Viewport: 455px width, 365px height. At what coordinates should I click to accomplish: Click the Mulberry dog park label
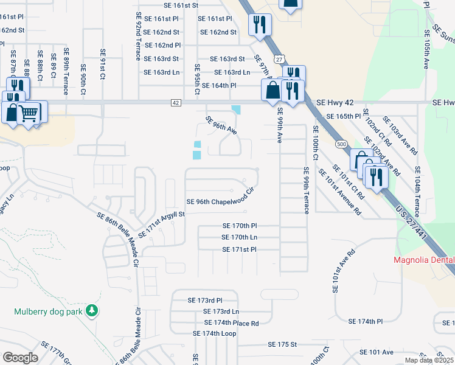[x=49, y=311]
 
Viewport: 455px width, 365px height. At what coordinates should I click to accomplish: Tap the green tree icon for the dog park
[x=92, y=311]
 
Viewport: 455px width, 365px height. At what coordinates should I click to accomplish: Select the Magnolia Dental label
[x=425, y=261]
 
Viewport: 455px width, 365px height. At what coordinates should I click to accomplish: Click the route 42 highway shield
[x=176, y=103]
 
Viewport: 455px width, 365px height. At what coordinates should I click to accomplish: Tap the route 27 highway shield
[x=278, y=59]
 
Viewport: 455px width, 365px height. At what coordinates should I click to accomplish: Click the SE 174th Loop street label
[x=214, y=333]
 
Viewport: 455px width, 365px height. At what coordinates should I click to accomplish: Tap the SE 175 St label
[x=282, y=344]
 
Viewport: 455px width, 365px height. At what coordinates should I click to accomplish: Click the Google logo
[x=21, y=357]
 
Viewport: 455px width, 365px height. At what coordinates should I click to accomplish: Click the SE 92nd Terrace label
[x=138, y=30]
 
